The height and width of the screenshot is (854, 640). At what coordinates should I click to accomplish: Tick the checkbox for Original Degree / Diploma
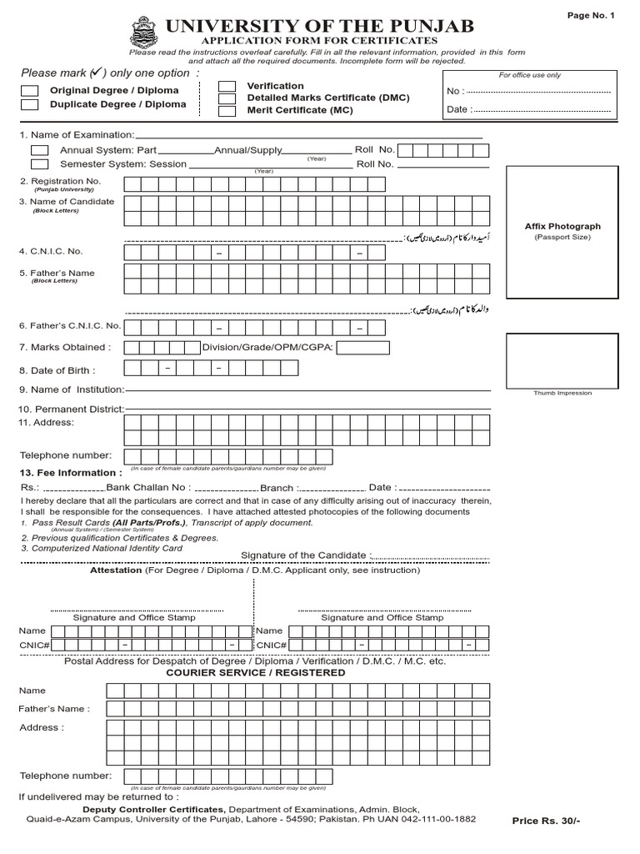[29, 90]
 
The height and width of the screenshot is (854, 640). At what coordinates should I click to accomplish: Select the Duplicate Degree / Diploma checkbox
[29, 105]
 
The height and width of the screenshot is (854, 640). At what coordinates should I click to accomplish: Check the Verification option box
[227, 86]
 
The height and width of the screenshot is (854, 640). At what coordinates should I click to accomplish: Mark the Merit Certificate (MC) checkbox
[227, 110]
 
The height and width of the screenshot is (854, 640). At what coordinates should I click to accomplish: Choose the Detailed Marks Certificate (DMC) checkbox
[227, 98]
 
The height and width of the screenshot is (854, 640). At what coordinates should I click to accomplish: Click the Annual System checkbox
[39, 150]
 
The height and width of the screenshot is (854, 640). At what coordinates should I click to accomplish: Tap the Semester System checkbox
[39, 164]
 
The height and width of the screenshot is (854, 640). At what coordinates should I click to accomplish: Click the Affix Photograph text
[562, 226]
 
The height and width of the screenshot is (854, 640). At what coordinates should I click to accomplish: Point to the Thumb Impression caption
[562, 393]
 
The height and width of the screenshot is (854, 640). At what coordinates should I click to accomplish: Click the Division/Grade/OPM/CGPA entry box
[363, 348]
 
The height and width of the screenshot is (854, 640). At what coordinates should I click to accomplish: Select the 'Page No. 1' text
[591, 16]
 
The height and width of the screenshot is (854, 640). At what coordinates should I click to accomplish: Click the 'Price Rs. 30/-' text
[546, 821]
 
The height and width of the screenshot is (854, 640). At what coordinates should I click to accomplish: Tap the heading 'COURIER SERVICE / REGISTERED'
[255, 672]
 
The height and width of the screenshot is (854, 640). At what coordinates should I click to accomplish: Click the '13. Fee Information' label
[67, 473]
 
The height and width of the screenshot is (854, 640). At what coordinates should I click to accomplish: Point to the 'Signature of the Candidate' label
[303, 555]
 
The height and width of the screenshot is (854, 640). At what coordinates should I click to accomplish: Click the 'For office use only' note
[530, 75]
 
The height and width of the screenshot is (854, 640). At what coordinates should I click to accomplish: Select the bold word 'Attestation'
[116, 570]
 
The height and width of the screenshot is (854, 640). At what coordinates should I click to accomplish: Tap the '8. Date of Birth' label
[57, 370]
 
